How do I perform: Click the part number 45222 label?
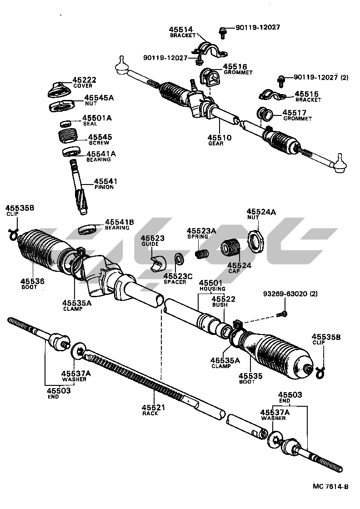tap(85, 80)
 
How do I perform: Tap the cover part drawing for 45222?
tap(58, 89)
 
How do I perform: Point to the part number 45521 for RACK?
tap(153, 407)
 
